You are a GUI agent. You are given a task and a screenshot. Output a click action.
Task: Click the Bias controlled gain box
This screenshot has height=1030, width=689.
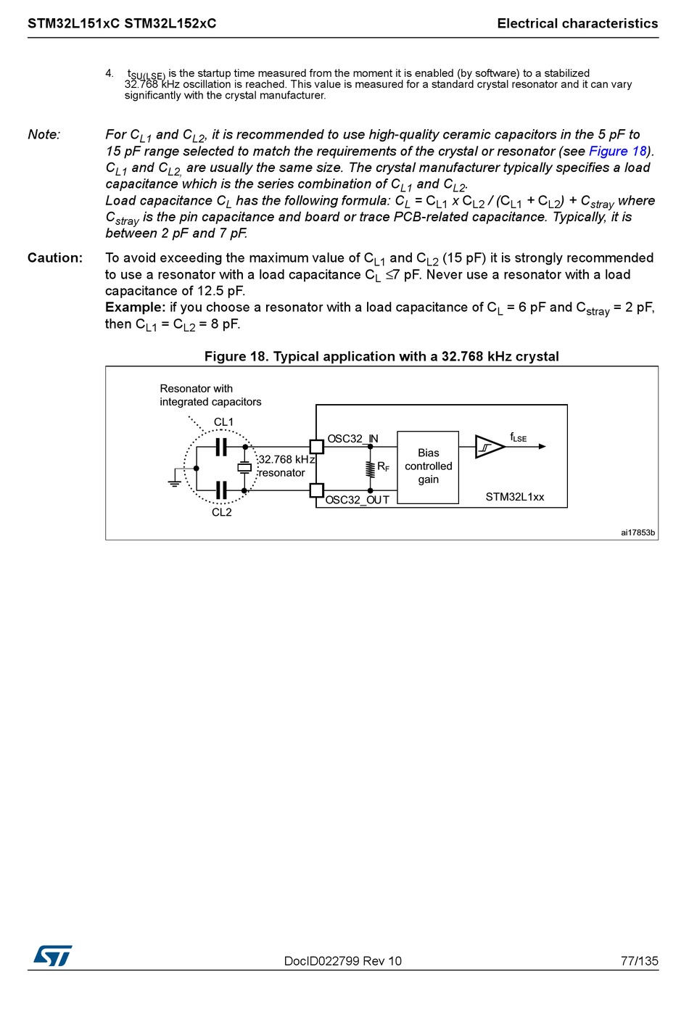428,466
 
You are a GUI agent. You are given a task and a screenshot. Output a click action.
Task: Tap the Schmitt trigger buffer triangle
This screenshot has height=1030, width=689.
488,447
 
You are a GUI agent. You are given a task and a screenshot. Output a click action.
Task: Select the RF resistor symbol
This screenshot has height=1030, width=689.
371,469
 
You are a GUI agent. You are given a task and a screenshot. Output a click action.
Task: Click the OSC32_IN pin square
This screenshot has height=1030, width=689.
316,447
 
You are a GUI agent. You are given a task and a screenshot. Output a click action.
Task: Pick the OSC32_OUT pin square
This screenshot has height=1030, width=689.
316,490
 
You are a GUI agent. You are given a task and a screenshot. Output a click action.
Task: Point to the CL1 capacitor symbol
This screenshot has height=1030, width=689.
221,447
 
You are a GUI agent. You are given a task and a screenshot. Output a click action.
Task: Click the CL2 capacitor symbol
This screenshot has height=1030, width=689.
221,490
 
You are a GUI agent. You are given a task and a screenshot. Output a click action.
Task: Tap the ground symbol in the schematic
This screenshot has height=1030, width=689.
175,480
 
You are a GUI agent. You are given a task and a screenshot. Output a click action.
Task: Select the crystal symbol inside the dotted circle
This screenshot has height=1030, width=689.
244,468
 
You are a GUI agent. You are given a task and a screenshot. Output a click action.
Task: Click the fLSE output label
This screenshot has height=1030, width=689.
518,437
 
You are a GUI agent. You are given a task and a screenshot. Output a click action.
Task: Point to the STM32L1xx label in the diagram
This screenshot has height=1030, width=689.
514,497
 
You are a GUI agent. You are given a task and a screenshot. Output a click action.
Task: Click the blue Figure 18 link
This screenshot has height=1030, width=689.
617,151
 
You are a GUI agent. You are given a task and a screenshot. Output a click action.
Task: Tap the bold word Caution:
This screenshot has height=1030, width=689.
55,258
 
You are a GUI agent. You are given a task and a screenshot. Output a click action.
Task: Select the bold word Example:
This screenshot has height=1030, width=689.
135,308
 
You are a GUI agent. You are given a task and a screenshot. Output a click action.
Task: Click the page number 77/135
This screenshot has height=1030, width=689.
639,961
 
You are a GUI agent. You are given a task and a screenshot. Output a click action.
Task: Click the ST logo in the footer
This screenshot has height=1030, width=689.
53,956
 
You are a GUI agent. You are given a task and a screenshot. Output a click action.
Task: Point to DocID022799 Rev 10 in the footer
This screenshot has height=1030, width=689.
342,961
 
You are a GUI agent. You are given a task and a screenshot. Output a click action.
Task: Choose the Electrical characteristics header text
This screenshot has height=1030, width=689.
577,24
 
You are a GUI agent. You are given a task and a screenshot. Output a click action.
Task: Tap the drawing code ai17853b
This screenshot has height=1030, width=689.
638,532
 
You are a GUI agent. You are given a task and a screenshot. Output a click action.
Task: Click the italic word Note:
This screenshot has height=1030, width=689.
44,135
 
